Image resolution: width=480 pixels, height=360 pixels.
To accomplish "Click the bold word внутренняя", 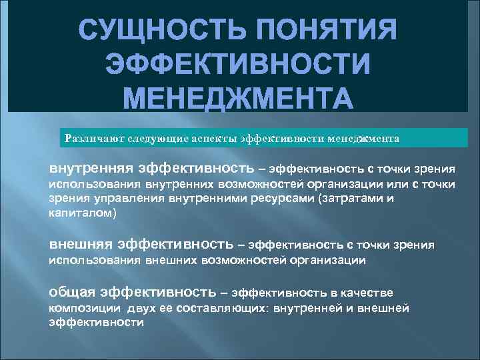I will [91, 167].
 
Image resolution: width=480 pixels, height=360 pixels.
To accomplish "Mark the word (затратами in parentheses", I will [344, 198].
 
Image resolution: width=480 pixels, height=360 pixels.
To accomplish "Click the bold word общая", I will [73, 292].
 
